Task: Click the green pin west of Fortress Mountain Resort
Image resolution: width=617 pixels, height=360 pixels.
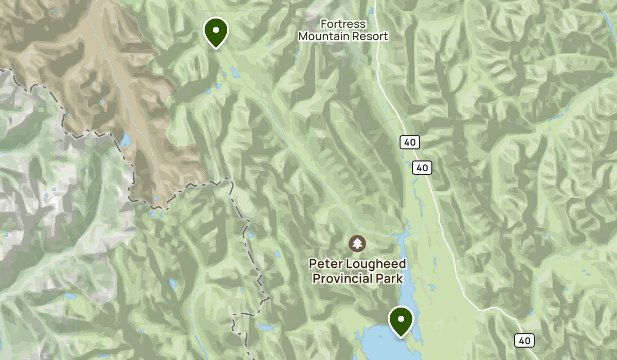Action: coord(216,32)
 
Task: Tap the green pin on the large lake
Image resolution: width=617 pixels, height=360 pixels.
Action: coord(401,320)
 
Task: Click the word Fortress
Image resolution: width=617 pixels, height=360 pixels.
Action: coord(343,24)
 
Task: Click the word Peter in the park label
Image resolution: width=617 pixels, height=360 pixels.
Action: coord(323,264)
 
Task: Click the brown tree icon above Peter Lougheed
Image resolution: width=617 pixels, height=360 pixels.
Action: coord(357,242)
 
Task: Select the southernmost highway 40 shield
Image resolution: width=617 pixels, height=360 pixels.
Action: coord(524,340)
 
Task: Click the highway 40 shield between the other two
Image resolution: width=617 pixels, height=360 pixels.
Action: coord(422,167)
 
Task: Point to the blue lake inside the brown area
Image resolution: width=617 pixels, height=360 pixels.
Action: coord(125,139)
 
